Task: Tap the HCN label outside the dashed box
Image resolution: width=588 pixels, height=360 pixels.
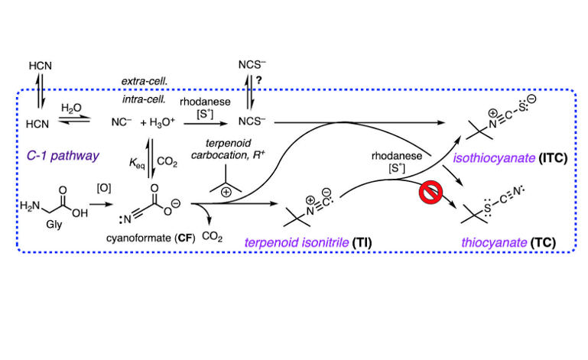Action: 40,66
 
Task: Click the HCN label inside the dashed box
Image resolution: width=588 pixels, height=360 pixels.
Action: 40,122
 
